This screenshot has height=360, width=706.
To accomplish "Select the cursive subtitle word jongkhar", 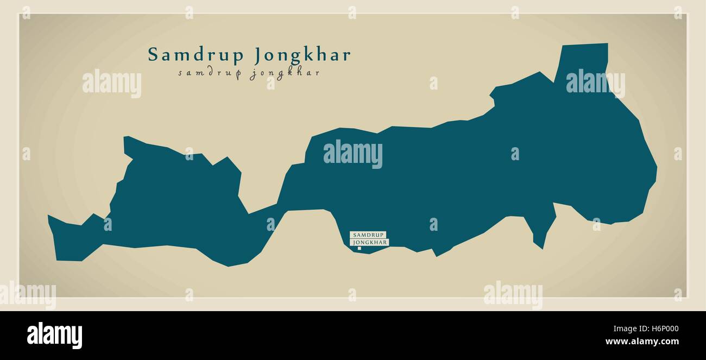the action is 285,74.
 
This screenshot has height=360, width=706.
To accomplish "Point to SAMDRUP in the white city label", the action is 368,235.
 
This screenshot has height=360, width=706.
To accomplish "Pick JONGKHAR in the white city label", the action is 370,242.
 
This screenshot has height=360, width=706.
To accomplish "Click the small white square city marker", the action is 360,249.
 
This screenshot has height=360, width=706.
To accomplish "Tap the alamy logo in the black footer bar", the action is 54,335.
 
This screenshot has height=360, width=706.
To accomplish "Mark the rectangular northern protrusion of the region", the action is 584,60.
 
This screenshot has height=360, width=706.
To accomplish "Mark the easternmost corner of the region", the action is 656,168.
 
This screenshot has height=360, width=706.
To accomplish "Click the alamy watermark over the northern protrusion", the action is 595,83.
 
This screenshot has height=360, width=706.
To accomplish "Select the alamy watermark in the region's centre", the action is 353,154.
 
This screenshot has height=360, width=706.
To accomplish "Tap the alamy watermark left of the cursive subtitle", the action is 112,84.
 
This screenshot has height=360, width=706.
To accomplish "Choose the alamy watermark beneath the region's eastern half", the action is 513,295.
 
